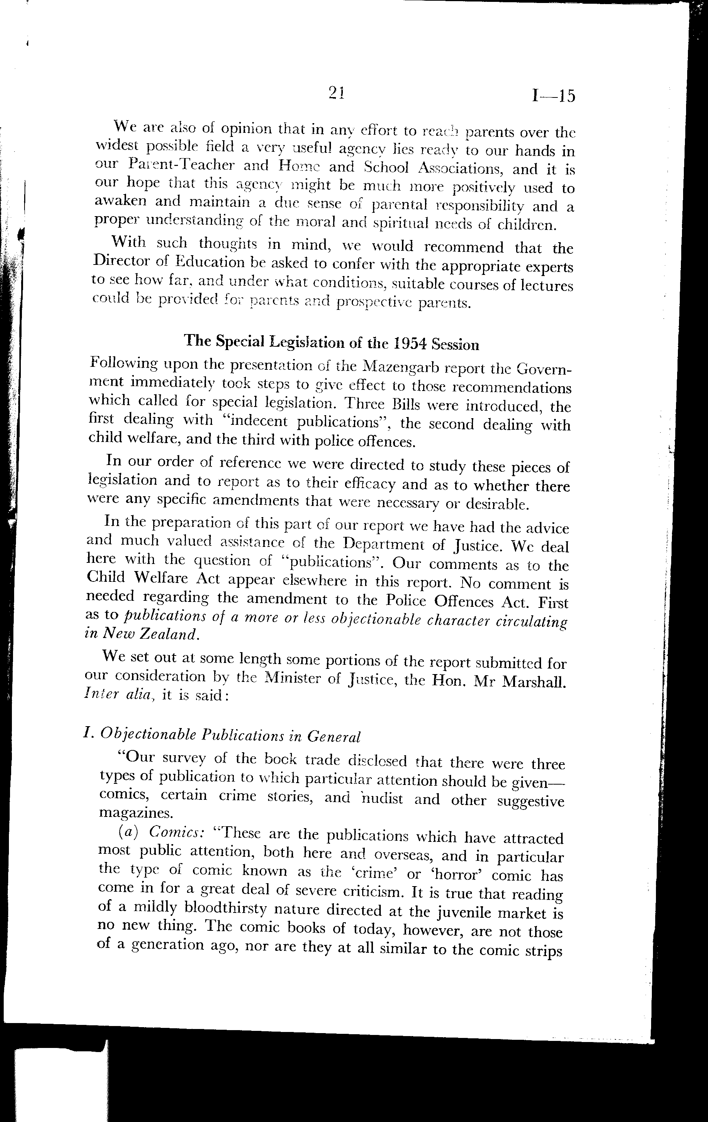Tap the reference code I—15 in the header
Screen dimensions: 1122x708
[553, 96]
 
